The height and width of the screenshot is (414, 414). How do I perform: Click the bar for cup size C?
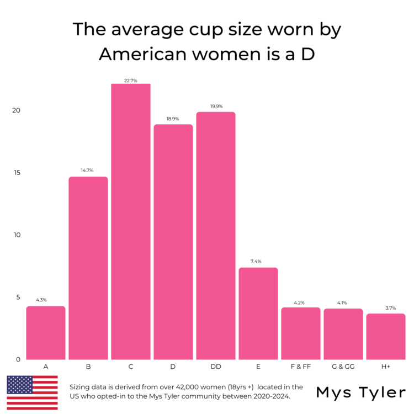click(131, 221)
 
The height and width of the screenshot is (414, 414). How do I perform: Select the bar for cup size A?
click(46, 333)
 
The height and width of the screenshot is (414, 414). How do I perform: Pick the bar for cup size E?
click(258, 313)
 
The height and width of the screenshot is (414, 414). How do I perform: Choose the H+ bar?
click(386, 336)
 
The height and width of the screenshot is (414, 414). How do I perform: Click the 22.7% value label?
click(131, 81)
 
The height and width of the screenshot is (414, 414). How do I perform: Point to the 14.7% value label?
click(88, 171)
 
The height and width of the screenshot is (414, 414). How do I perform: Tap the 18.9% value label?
click(173, 119)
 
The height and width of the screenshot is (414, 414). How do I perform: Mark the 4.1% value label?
click(343, 302)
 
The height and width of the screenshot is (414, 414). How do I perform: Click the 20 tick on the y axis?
click(17, 110)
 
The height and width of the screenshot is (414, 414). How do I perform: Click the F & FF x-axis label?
click(301, 367)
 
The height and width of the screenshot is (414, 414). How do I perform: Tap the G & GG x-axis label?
click(343, 367)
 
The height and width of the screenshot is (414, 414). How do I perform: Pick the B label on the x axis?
click(88, 367)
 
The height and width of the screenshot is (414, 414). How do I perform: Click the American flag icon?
click(32, 392)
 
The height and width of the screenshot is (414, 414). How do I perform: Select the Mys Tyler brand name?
click(361, 392)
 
